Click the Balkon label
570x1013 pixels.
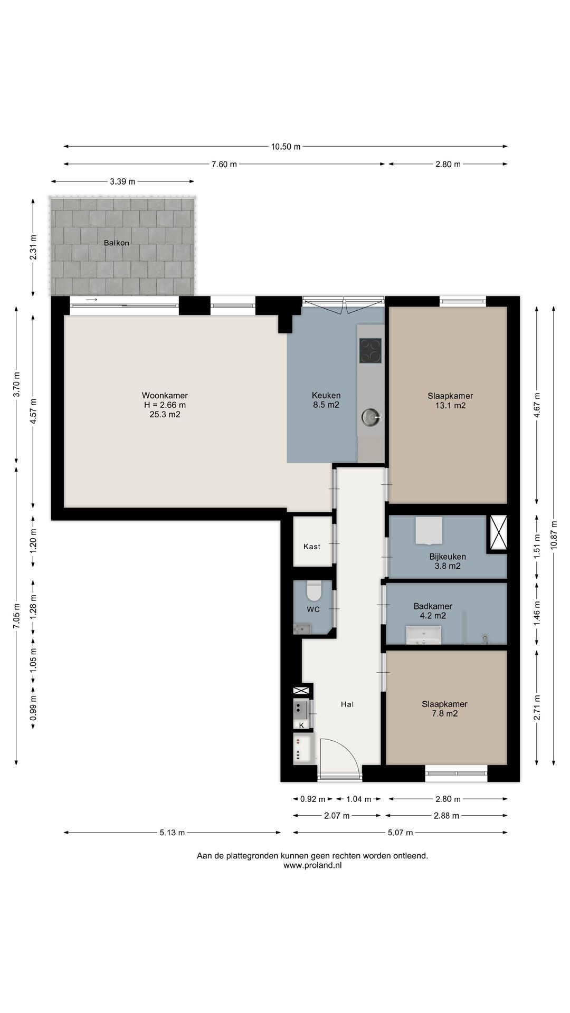click(117, 243)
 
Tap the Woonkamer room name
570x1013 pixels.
click(165, 395)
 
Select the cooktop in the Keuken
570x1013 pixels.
click(370, 350)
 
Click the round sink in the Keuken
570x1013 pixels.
click(371, 417)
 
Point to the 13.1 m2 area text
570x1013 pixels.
click(447, 406)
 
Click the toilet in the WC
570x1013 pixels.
click(314, 591)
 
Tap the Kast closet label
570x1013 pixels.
click(312, 547)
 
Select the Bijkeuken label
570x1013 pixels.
click(448, 557)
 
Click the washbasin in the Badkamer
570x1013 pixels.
click(424, 635)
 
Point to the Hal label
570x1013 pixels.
click(347, 704)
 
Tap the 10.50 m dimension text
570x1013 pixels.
click(286, 147)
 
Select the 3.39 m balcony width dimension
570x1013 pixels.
click(122, 181)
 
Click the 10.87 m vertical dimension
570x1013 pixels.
click(554, 535)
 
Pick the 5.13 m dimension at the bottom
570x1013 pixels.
click(172, 833)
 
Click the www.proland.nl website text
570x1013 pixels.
click(312, 865)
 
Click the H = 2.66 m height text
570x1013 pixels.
click(165, 405)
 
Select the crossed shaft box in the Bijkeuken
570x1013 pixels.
click(498, 532)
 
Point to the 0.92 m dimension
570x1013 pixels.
click(313, 799)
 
